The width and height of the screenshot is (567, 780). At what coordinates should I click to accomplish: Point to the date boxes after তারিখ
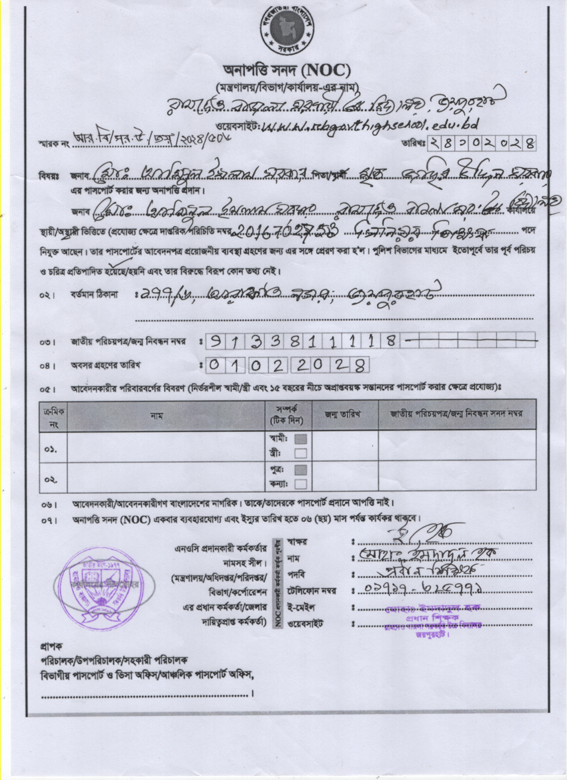coord(480,143)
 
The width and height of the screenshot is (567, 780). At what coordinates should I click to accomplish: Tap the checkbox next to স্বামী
coord(301,439)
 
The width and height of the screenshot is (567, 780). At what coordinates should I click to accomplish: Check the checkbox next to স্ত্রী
coord(301,453)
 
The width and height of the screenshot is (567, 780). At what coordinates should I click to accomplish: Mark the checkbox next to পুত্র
coord(301,469)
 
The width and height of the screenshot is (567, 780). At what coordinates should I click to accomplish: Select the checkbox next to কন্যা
coord(301,484)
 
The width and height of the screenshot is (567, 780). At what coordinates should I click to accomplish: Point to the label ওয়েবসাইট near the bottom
coord(305,624)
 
